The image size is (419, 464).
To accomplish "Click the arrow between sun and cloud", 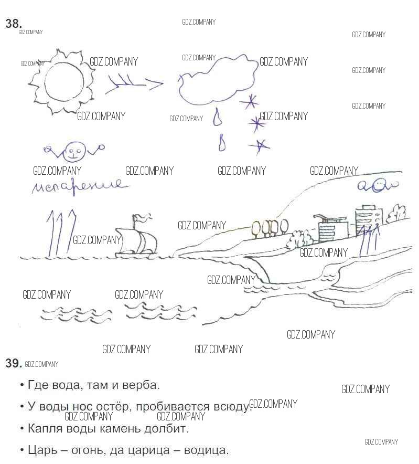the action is [134, 85].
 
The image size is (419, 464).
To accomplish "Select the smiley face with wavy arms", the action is [73, 152].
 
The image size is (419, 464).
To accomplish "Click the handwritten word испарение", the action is [80, 186].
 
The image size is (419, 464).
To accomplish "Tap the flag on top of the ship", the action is [142, 218].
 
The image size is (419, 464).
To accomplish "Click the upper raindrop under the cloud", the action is [218, 117].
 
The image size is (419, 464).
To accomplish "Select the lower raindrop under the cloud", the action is [222, 143].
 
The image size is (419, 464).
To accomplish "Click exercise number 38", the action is [14, 24].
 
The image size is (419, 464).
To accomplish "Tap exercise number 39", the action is [14, 363].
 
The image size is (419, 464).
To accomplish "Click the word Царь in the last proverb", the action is [43, 450].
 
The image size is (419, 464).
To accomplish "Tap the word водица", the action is [206, 450].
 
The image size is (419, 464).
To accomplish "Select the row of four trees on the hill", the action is [270, 228].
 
